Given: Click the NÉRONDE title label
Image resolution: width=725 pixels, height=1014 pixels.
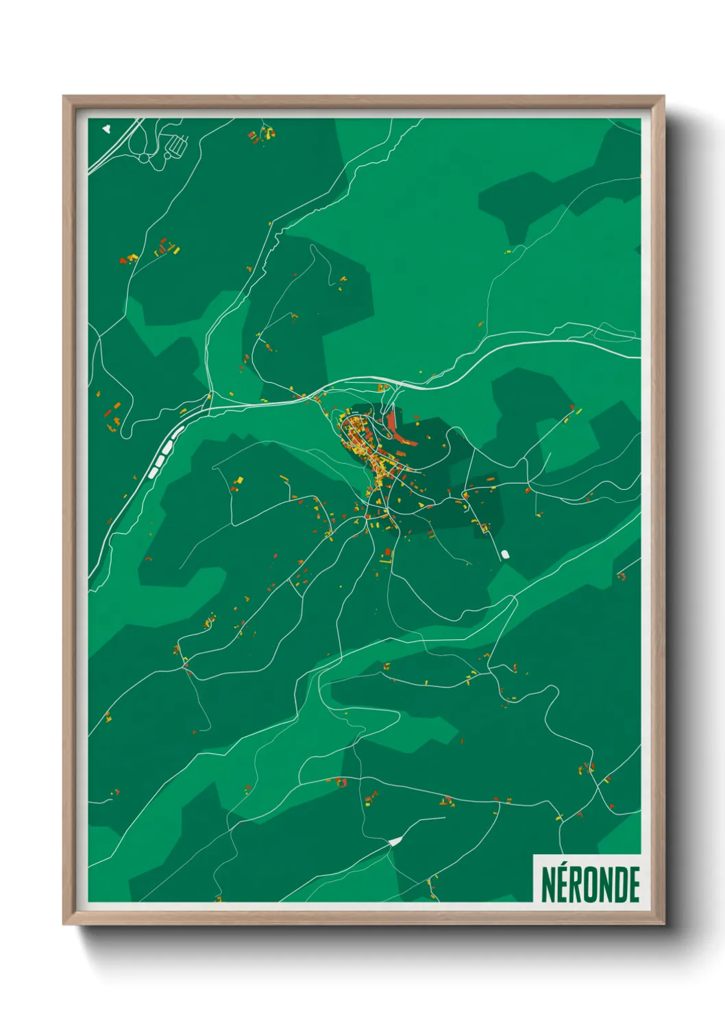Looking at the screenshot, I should pos(590,885).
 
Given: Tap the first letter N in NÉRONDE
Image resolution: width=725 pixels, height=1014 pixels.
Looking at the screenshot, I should pos(548,885).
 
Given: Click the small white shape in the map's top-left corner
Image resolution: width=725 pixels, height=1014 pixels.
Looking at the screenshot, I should pos(106,127).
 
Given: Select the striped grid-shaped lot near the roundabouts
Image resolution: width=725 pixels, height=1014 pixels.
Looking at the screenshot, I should pos(177,145).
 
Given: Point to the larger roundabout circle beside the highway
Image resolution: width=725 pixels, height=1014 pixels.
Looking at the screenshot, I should pos(145,158).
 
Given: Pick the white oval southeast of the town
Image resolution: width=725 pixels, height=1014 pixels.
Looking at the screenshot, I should pos(505,554).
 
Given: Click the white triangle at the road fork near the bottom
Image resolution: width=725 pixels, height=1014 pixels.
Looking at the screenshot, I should pos(395,841).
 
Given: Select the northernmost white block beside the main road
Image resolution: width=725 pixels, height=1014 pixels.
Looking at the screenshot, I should pos(178,432).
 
